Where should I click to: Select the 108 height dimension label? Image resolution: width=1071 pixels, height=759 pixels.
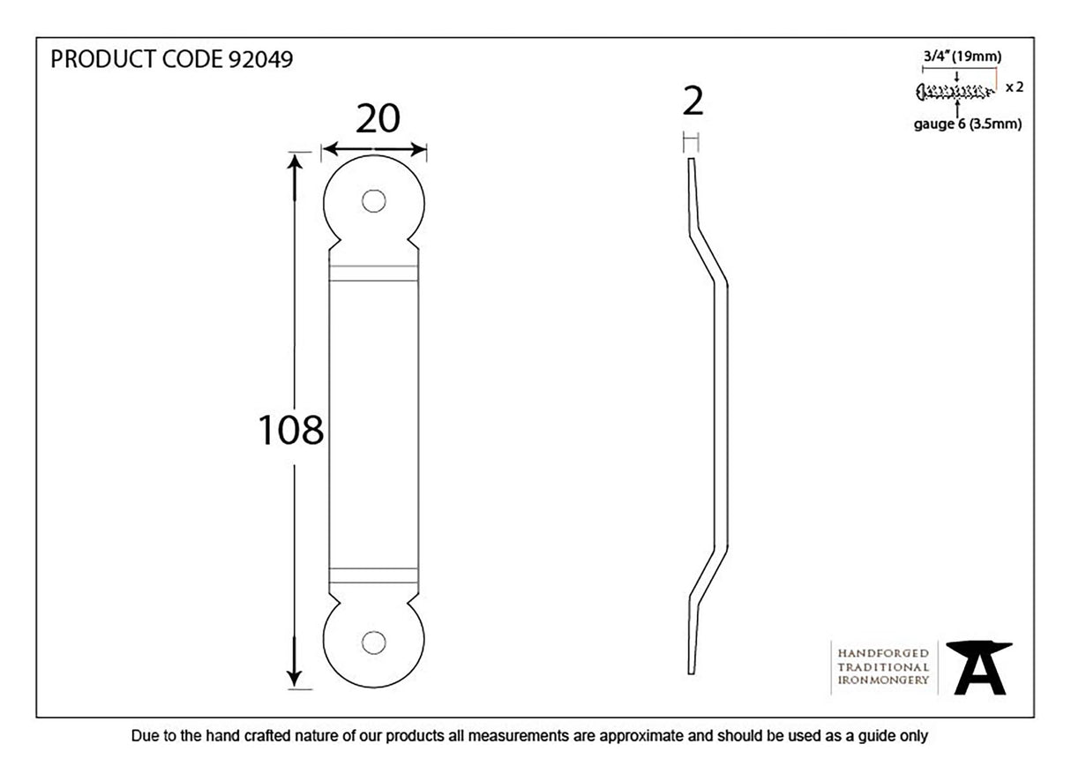290,431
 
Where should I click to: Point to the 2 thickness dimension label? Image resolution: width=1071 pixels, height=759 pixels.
693,103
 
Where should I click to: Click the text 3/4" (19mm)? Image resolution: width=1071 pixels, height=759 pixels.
962,57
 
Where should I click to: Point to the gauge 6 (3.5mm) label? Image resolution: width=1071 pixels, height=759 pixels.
968,124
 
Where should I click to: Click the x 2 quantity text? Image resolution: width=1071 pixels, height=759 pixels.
1014,87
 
